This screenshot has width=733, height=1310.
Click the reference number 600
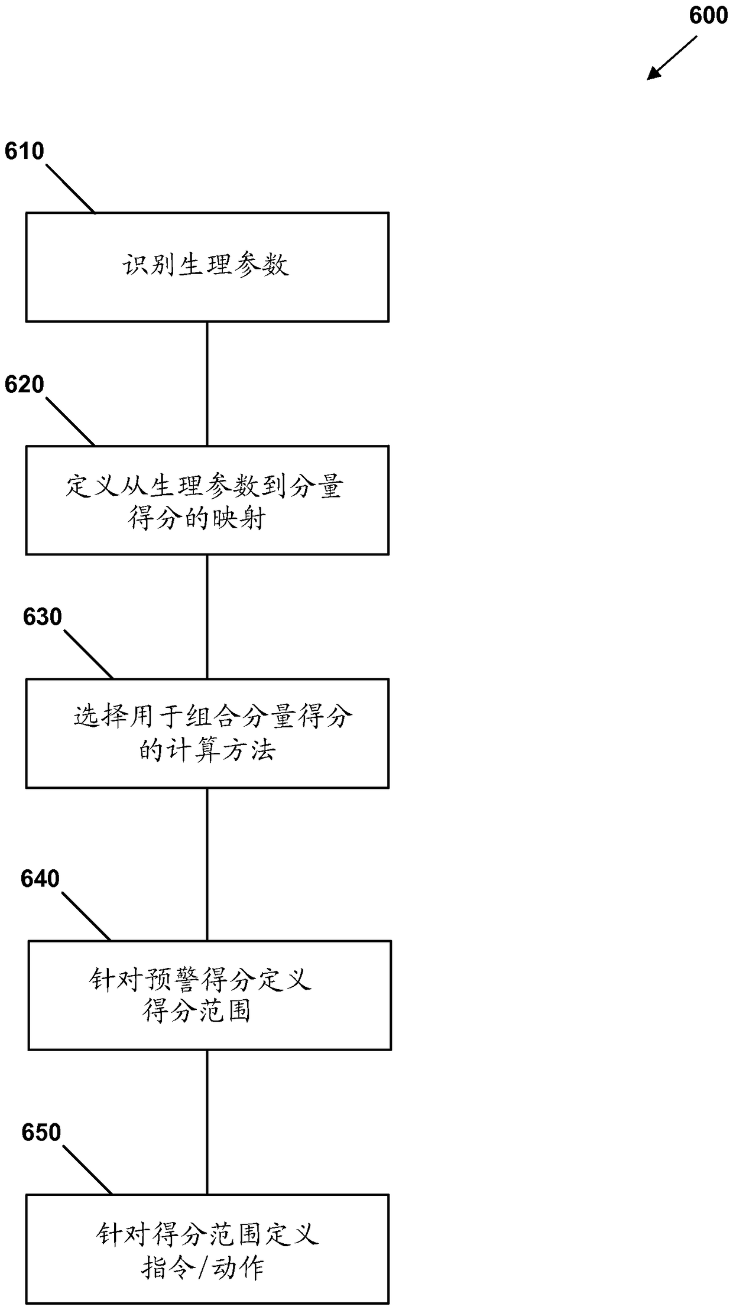point(708,15)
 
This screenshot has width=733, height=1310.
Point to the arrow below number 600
point(672,57)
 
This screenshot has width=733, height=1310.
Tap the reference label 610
point(24,152)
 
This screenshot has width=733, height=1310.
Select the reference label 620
point(24,385)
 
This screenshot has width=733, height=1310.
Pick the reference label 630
point(42,617)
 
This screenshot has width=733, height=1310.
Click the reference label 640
point(40,879)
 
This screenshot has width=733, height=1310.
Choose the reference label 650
point(41,1133)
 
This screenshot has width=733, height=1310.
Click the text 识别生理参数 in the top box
point(206,265)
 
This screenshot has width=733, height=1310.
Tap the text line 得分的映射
point(197,519)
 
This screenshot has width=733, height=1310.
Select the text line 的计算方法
point(207,750)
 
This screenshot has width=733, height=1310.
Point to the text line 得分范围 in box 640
point(197,1011)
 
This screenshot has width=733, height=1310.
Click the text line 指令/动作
point(203,1267)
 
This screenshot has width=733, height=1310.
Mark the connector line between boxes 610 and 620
point(207,383)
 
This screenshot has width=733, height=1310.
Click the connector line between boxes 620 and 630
point(207,616)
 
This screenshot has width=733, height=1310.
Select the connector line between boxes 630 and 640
point(207,864)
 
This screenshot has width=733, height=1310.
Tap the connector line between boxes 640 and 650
point(207,1122)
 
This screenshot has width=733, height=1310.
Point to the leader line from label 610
point(70,188)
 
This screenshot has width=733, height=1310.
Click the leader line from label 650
point(87,1171)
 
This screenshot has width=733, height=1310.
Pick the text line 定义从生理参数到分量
point(204,487)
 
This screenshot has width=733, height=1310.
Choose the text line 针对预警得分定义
point(200,980)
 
